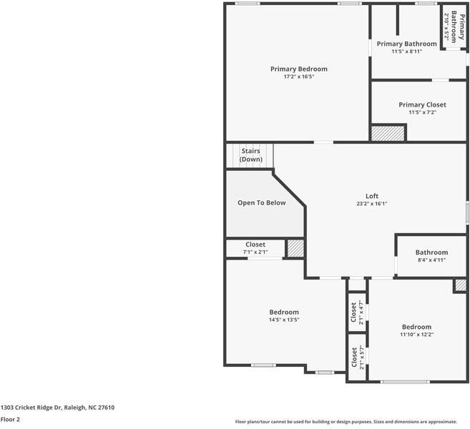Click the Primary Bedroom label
(x=298, y=69)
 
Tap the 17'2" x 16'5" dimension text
(x=298, y=77)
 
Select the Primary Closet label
(x=422, y=105)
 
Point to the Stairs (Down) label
(x=250, y=155)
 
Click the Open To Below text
(x=261, y=203)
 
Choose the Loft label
(x=372, y=196)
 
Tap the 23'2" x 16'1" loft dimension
(x=372, y=204)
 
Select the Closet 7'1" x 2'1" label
(x=255, y=247)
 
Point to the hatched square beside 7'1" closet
(x=295, y=249)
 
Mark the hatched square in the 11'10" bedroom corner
(x=461, y=285)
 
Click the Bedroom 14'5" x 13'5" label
(x=284, y=315)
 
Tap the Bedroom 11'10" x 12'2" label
(x=416, y=330)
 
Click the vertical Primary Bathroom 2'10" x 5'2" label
(x=449, y=27)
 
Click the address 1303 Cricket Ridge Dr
(x=57, y=408)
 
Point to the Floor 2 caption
(x=10, y=420)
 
